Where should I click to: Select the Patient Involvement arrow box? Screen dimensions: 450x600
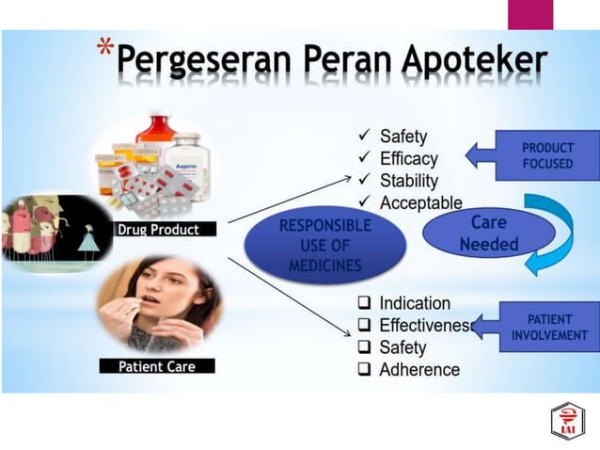[x=541, y=327]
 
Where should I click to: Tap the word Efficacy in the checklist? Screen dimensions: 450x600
[x=409, y=158]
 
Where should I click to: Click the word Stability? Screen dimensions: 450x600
[x=409, y=181]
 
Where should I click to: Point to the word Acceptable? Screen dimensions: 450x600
[x=420, y=202]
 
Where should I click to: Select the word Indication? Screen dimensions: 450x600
[x=415, y=303]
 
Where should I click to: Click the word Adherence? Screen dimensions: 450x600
[x=419, y=369]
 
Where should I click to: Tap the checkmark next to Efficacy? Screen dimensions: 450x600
[x=364, y=158]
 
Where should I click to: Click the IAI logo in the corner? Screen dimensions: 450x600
[x=567, y=421]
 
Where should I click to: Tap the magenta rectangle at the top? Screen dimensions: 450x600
[x=530, y=14]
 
